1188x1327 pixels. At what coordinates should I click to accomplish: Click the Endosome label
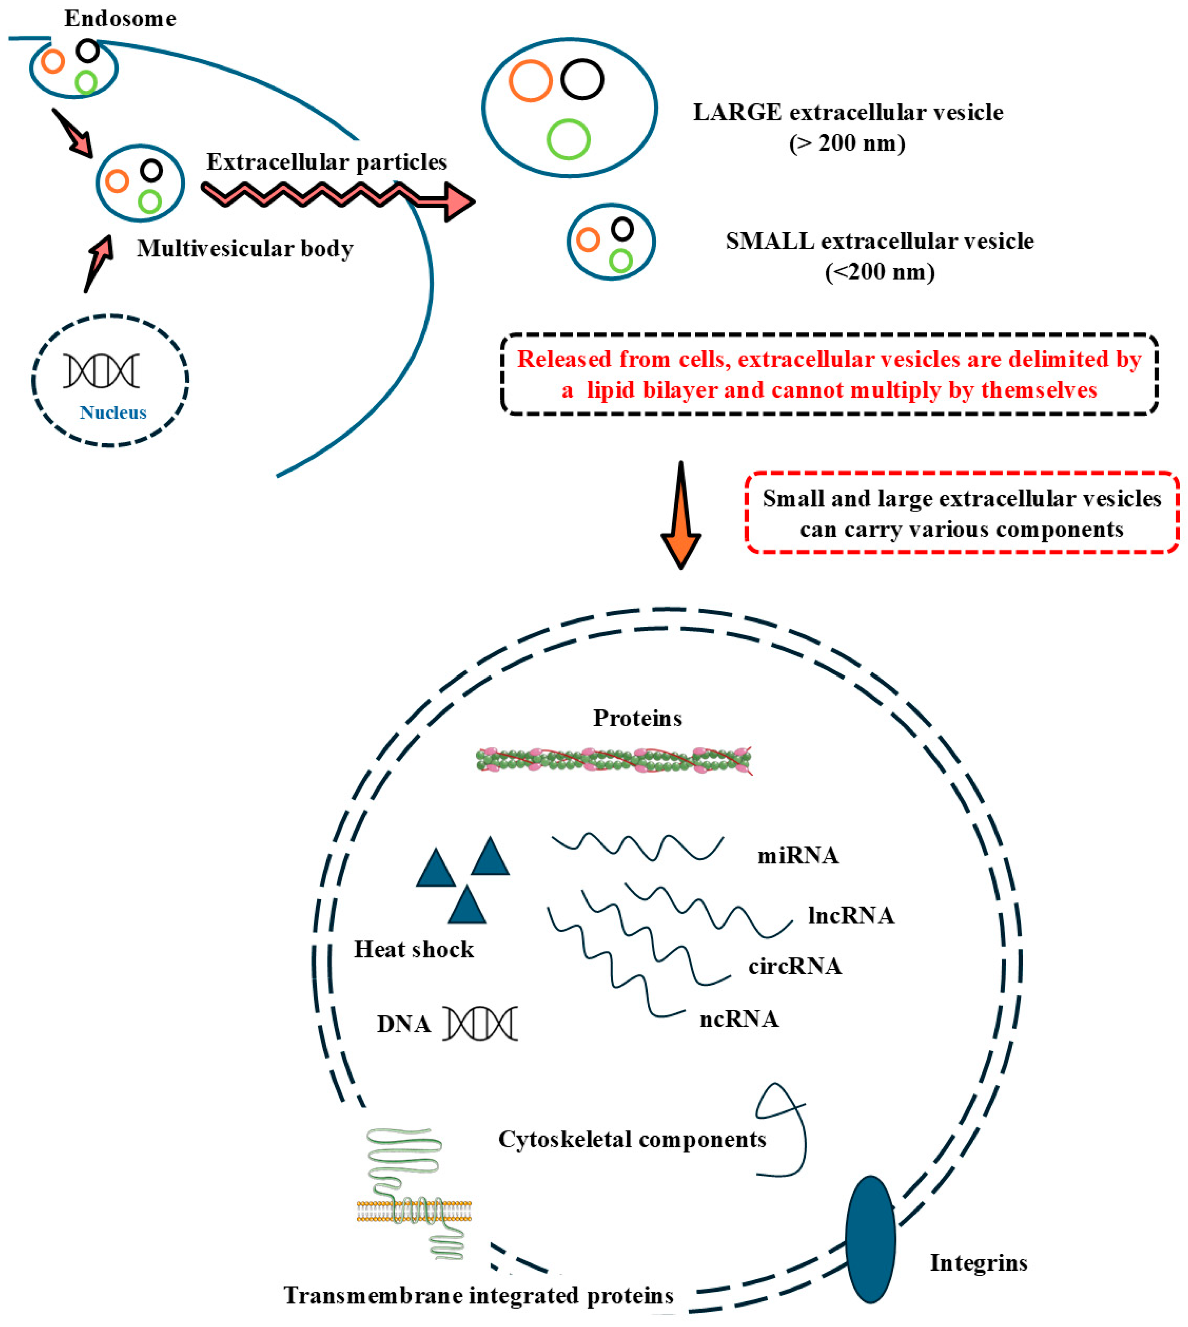coord(120,18)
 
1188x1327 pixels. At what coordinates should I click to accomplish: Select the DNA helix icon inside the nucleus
coord(101,371)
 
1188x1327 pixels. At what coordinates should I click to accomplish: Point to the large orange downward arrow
coord(681,515)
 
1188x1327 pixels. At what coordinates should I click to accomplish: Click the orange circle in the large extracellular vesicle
coord(531,81)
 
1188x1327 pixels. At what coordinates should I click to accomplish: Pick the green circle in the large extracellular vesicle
coord(568,139)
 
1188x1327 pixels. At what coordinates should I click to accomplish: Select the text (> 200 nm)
coord(847,143)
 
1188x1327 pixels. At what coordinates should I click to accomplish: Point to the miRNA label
coord(798,855)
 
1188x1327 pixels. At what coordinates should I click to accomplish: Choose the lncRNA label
coord(851,916)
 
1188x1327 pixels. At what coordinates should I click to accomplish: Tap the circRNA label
coord(795,966)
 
